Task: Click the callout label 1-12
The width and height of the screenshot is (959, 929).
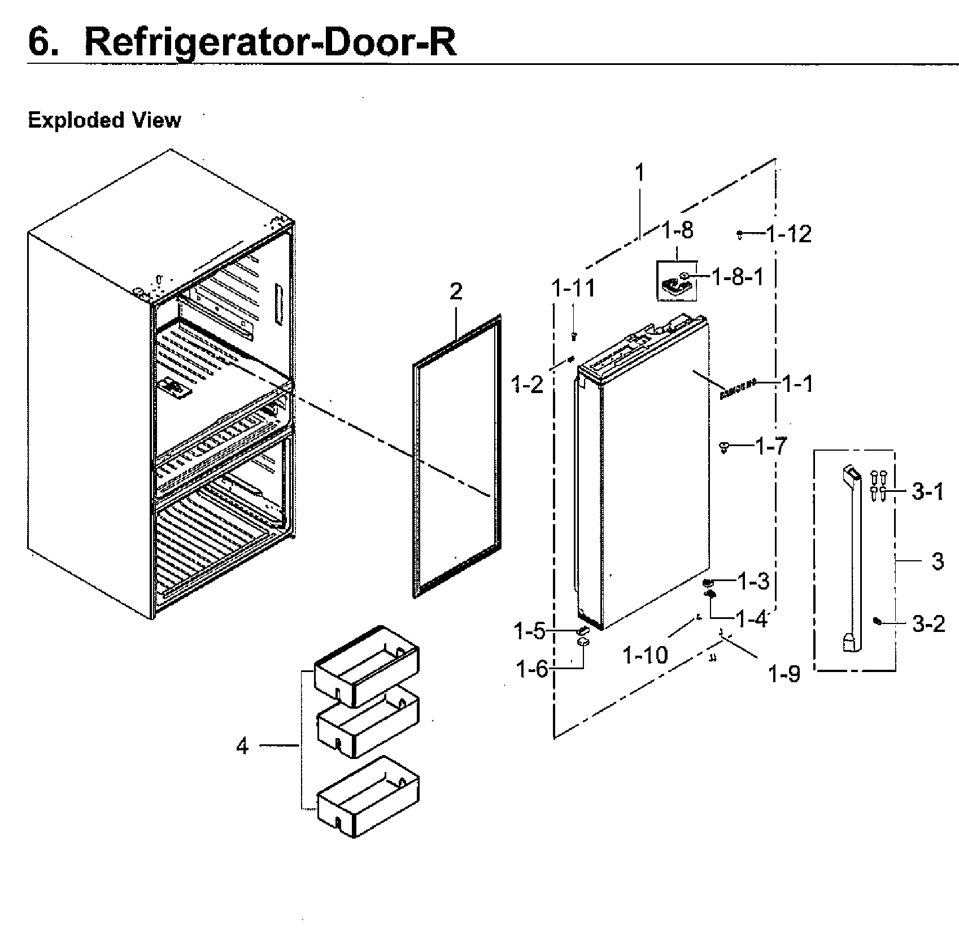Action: pos(788,234)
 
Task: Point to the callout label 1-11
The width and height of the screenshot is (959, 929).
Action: pos(573,289)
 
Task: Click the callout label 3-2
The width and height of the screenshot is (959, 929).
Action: pos(929,624)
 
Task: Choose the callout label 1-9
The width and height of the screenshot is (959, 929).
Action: pos(785,673)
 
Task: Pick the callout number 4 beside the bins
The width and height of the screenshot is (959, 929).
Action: pos(242,747)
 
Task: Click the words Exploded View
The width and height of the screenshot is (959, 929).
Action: pos(104,120)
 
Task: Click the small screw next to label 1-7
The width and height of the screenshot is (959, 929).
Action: pos(723,447)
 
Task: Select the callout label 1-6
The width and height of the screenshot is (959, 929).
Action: pos(531,670)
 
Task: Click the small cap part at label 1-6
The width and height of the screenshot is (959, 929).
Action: pos(583,643)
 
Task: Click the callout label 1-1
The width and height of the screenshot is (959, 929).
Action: pos(797,384)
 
